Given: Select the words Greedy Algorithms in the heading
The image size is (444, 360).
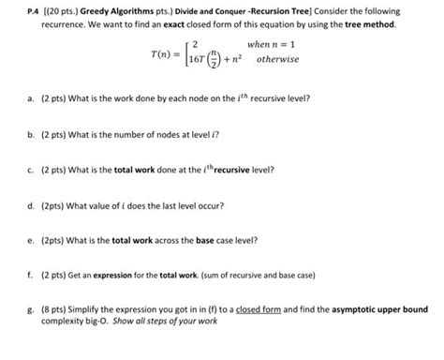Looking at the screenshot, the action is point(114,10).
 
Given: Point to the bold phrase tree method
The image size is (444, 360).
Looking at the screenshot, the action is point(369,22).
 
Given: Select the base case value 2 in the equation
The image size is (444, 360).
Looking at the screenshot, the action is point(194,44).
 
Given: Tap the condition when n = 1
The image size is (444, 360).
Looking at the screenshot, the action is point(273,44).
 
